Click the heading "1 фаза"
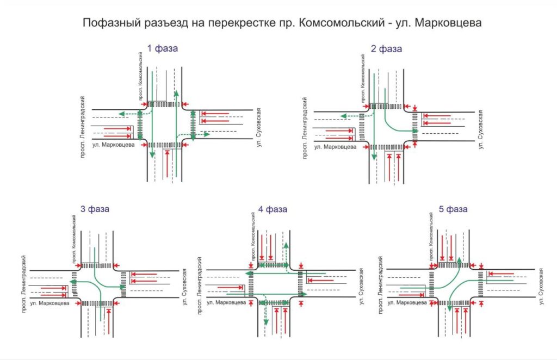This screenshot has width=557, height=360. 162,48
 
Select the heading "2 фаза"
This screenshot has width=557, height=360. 386,48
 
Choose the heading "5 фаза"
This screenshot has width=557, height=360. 453,208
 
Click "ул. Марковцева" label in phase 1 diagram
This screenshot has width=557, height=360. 114,145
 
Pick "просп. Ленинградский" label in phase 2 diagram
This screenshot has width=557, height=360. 305,126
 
